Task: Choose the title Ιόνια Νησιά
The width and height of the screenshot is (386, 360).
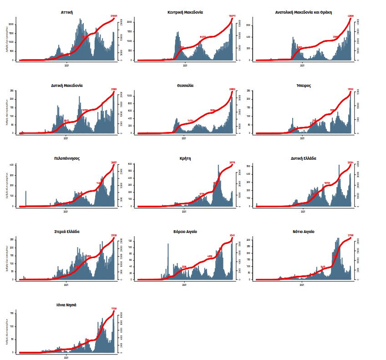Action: tap(66, 304)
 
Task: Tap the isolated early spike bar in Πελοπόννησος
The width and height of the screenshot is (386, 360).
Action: tap(26, 198)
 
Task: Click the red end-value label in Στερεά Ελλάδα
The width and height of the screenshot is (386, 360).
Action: tap(114, 235)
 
